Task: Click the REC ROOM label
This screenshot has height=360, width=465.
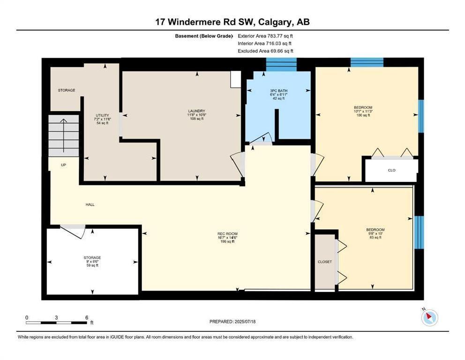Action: click(x=227, y=234)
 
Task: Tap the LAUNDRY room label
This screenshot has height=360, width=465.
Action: click(x=196, y=111)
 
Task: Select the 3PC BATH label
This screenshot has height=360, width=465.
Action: click(x=279, y=91)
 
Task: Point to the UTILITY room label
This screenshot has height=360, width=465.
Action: click(x=102, y=115)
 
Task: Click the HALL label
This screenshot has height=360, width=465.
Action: click(x=90, y=205)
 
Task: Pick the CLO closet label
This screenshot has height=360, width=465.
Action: click(x=392, y=171)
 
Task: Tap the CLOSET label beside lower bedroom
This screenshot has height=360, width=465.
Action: click(x=325, y=262)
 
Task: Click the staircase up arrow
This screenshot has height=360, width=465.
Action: click(x=63, y=135)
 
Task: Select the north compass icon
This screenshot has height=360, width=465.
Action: click(x=429, y=317)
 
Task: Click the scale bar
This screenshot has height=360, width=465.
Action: click(x=56, y=322)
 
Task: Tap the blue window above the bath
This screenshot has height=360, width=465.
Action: click(x=281, y=64)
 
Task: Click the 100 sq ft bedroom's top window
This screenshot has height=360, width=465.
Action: click(x=367, y=62)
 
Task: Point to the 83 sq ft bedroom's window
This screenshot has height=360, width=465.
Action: click(x=419, y=232)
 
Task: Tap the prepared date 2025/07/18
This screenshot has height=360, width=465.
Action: click(x=245, y=322)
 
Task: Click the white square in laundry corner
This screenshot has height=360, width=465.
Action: click(x=236, y=80)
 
